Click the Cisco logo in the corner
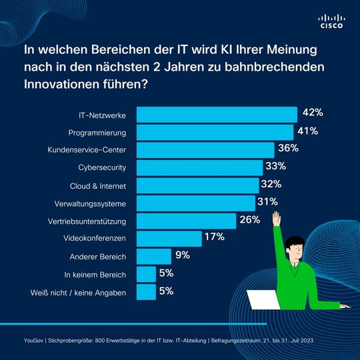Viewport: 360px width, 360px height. [x=331, y=21]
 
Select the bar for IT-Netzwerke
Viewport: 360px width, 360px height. [x=217, y=114]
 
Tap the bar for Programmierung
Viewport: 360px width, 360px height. [x=215, y=132]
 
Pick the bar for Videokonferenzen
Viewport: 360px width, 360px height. [x=169, y=238]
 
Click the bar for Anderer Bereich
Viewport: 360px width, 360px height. [x=153, y=256]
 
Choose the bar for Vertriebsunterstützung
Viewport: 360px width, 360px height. [x=186, y=220]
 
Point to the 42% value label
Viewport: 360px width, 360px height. [x=312, y=112]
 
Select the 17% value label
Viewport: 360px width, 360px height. [x=215, y=237]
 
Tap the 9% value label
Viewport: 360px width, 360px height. [x=183, y=255]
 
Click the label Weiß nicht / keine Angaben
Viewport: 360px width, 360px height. [x=78, y=292]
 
